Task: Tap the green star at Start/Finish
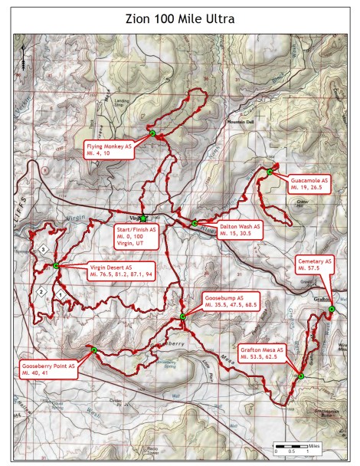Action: point(143,218)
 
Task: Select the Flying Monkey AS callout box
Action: point(110,149)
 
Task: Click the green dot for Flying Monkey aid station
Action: point(152,134)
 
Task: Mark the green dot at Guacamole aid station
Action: point(270,172)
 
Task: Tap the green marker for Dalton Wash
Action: point(195,224)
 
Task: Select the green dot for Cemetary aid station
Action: point(331,309)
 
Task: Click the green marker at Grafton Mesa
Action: point(301,376)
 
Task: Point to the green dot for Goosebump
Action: point(182,317)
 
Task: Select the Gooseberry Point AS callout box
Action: point(50,371)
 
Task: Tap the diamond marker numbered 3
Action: point(44,250)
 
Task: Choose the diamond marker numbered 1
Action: point(60,294)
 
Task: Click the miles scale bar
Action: point(297,445)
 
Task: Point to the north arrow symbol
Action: point(24,56)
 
